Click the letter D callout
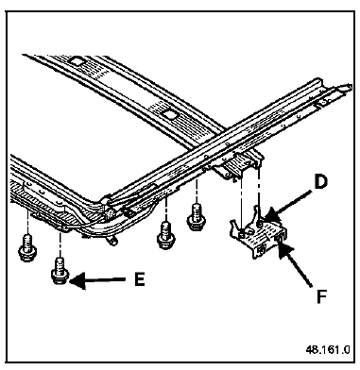pyautogui.click(x=319, y=182)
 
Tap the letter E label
pyautogui.click(x=140, y=278)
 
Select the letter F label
pyautogui.click(x=321, y=296)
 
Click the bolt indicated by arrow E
pyautogui.click(x=60, y=270)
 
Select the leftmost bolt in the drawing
pyautogui.click(x=27, y=247)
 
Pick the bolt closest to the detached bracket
pyautogui.click(x=197, y=218)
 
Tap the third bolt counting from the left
pyautogui.click(x=165, y=234)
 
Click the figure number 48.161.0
pyautogui.click(x=328, y=350)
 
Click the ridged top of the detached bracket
pyautogui.click(x=259, y=237)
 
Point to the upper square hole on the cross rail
pyautogui.click(x=77, y=60)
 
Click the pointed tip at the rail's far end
pyautogui.click(x=349, y=86)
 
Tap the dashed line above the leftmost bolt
pyautogui.click(x=27, y=223)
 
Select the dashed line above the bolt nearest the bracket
pyautogui.click(x=197, y=192)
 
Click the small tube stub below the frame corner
pyautogui.click(x=111, y=242)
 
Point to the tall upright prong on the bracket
pyautogui.click(x=257, y=211)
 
